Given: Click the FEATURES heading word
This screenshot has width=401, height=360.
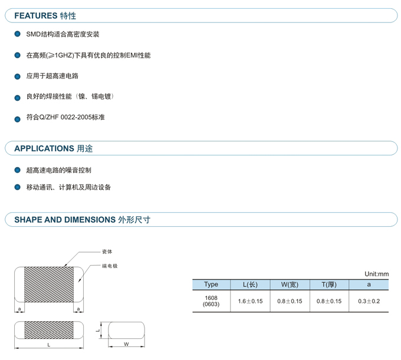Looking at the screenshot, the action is (36, 15).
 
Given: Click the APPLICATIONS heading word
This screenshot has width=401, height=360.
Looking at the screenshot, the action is (44, 148).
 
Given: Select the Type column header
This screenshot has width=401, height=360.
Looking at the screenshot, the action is (211, 285).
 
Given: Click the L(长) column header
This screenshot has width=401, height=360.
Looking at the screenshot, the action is (250, 285).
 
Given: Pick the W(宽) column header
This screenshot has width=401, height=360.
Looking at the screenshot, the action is (290, 285).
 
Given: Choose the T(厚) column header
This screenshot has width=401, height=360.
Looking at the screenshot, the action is (329, 285).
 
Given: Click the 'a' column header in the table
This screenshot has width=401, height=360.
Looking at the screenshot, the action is (369, 285).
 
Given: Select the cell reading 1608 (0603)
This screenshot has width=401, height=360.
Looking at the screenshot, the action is (211, 301).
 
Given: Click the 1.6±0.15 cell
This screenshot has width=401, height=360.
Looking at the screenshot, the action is (250, 301).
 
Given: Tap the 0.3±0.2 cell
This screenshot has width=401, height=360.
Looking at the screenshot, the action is (369, 301).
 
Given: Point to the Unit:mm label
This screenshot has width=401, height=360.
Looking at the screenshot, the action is (376, 274).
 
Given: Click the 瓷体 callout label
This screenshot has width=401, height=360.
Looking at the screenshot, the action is (107, 252).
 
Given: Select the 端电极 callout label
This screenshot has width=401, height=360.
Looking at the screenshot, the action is (110, 266).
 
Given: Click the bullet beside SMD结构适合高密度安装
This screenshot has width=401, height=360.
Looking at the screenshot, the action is (17, 34).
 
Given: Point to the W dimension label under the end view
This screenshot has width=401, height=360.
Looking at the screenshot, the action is (126, 344).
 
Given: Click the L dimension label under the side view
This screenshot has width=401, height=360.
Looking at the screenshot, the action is (48, 345).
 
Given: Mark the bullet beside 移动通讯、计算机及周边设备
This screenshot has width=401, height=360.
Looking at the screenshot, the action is (17, 187).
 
